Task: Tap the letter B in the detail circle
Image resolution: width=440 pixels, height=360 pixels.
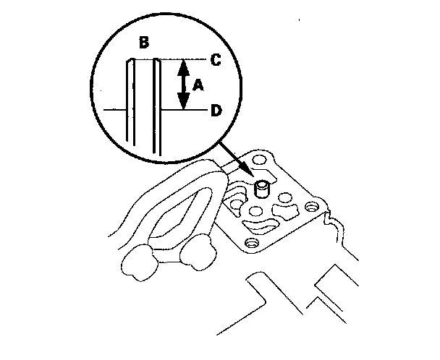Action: (144, 43)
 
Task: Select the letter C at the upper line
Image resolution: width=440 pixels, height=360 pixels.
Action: (215, 59)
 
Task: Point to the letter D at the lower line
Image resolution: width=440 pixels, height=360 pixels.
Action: (215, 110)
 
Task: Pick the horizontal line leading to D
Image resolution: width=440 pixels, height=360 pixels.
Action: (185, 110)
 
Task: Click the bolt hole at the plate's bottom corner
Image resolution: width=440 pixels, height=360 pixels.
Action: (252, 241)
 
